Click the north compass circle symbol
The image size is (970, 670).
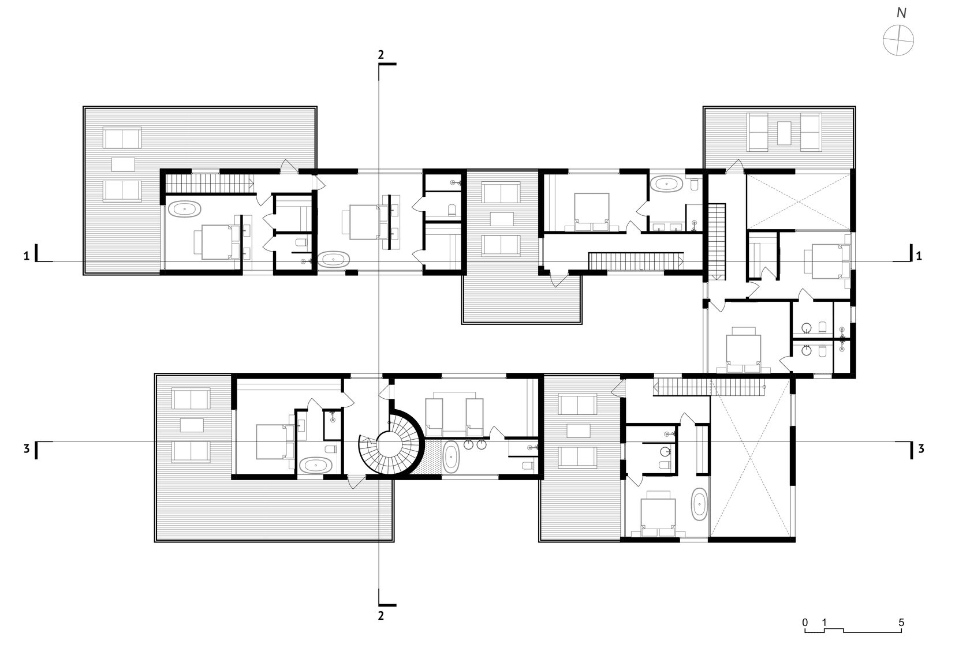coord(898,40)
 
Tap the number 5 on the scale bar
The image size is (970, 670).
coord(901,623)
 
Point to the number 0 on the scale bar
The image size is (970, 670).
coord(805,623)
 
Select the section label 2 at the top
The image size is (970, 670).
coord(380,54)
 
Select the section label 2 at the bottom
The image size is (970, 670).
coord(380,615)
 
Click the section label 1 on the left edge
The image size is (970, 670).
coord(27,256)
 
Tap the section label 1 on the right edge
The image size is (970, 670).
coord(919,256)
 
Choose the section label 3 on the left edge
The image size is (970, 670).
coord(27,449)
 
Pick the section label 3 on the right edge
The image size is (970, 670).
coord(921,449)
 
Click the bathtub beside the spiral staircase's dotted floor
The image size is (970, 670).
coord(451,457)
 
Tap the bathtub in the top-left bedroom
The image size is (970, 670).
coord(185,209)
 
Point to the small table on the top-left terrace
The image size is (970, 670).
coord(124,164)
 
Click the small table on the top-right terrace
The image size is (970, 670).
coord(784,133)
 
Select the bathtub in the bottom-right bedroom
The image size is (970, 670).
coord(699,504)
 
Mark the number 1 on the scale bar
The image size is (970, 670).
coord(824,623)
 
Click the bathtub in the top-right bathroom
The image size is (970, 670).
coord(667,184)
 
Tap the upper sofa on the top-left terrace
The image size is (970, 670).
coord(122,137)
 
